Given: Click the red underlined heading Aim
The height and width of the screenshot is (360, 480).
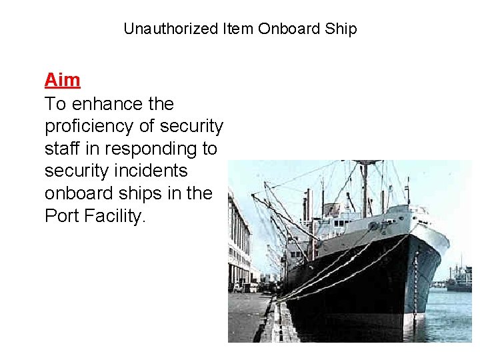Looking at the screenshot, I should (62, 80).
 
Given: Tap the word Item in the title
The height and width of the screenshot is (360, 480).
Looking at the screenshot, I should (238, 29).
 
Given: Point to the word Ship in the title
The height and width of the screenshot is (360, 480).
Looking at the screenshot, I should (342, 29).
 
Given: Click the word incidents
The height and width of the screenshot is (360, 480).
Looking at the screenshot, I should (150, 171).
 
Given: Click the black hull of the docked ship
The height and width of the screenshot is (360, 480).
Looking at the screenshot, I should (360, 273).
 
